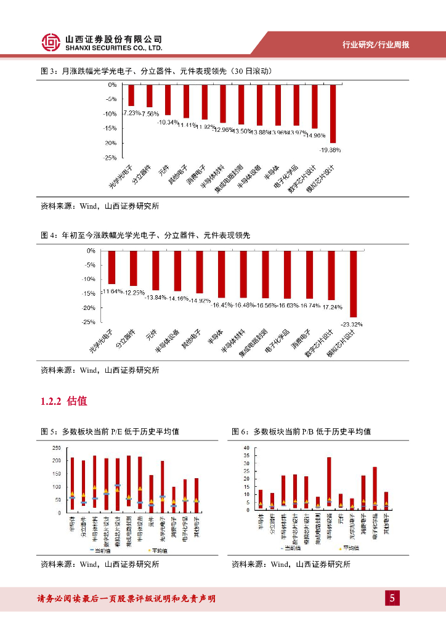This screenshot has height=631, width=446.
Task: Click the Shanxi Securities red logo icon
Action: (51, 42)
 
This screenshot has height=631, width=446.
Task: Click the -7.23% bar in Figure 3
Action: (131, 96)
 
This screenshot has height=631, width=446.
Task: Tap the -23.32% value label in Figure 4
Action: (353, 324)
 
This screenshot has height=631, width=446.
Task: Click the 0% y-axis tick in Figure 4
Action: (91, 251)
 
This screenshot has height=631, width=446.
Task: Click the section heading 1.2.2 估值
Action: (64, 401)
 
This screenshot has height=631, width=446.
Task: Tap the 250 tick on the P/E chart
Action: (57, 448)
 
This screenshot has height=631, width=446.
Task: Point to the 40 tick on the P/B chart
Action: (246, 447)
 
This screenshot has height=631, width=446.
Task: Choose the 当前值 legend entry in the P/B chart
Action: (286, 547)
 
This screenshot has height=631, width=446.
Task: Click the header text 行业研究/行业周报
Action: (376, 44)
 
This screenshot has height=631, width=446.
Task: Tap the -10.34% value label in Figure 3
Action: (168, 122)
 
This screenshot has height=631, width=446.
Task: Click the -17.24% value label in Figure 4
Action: (331, 306)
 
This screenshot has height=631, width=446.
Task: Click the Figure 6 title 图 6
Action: (240, 431)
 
